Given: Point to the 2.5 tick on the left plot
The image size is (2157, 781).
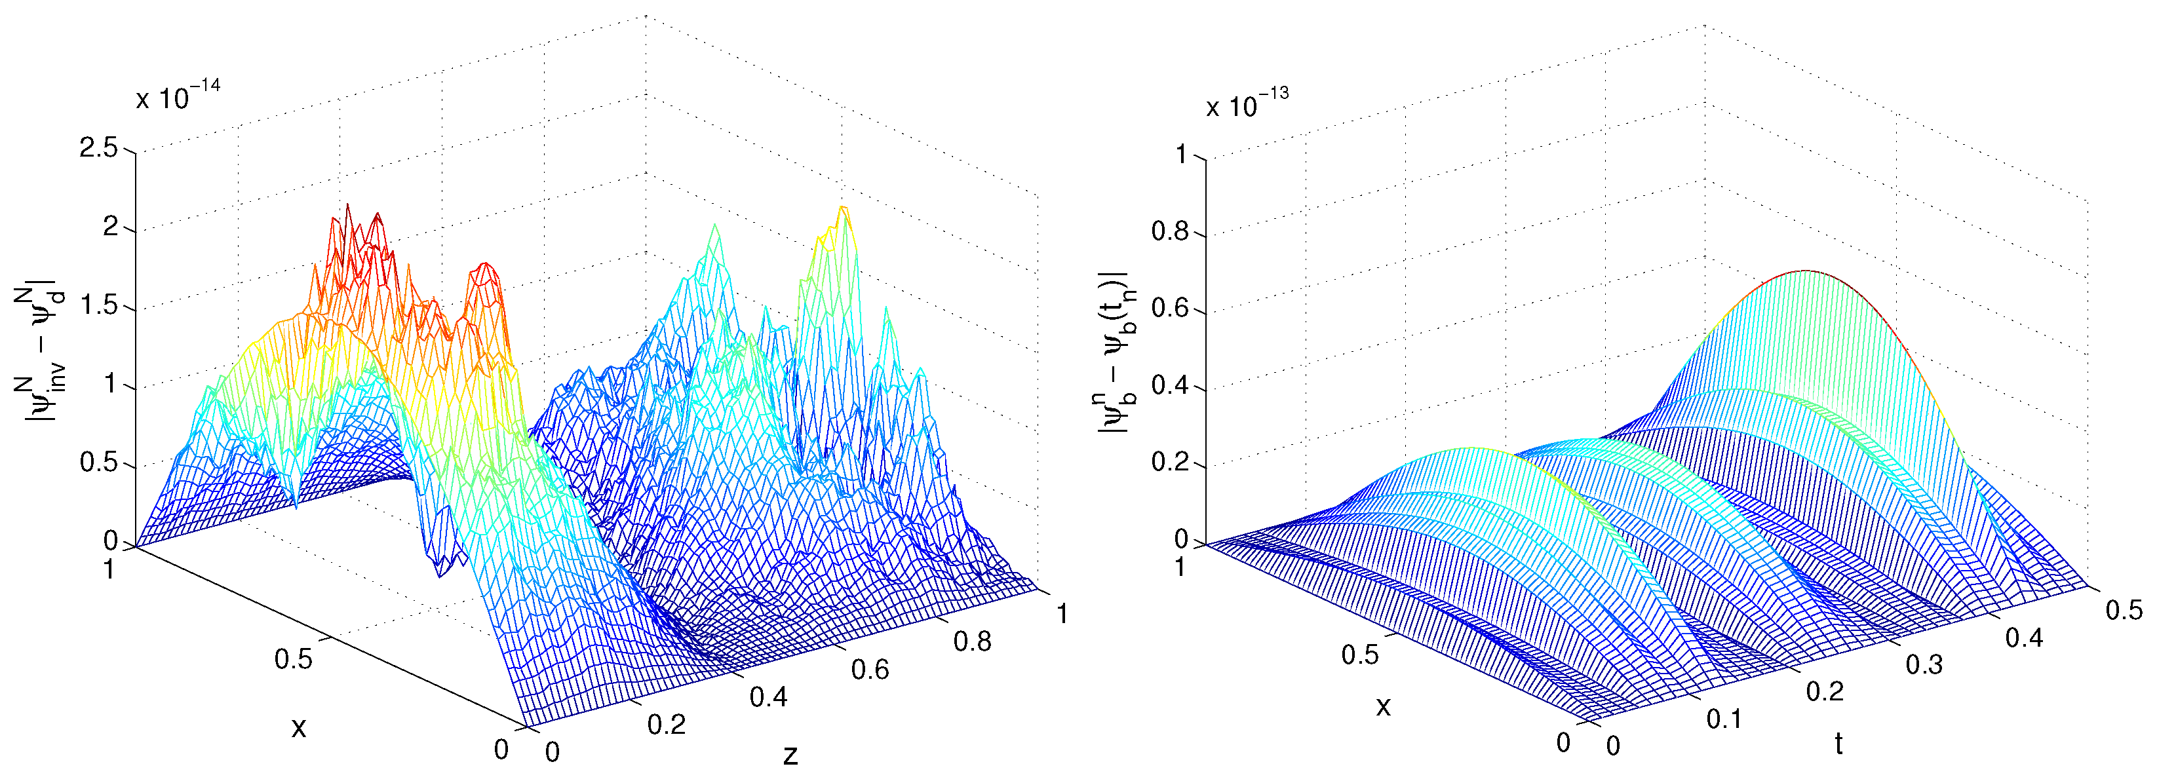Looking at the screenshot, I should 99,149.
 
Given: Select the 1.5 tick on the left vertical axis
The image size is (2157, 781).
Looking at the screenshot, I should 99,307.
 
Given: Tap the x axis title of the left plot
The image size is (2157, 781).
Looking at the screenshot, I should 299,727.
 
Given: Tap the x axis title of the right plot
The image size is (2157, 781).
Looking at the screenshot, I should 1384,706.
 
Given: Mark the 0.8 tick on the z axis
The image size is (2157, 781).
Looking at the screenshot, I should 972,642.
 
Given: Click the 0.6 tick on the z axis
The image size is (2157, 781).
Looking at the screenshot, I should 870,670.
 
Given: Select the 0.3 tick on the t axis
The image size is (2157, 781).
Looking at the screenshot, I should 1924,664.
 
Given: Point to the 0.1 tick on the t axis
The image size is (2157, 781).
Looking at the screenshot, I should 1724,718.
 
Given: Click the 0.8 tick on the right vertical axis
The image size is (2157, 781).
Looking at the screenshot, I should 1170,231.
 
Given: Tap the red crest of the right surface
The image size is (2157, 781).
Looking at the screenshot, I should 1806,271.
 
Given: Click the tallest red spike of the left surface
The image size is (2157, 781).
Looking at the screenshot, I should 347,206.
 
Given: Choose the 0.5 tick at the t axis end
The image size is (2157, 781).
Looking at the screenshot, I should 2124,610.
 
